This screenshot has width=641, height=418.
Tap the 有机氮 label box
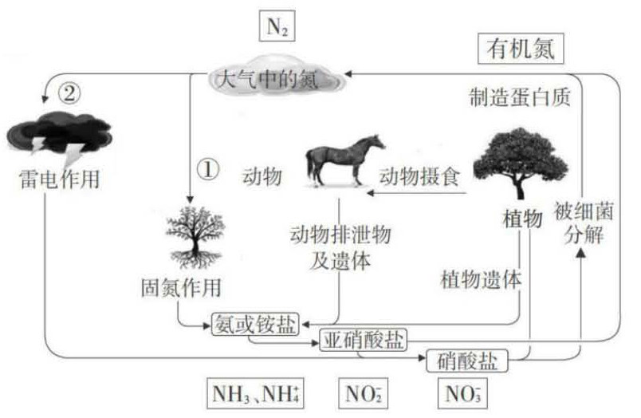(525, 50)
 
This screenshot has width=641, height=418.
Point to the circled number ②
(69, 93)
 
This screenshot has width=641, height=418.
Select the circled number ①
(206, 169)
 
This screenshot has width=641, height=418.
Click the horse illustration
(344, 160)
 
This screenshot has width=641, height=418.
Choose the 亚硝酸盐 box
(362, 341)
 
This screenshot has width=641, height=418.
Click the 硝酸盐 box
(467, 361)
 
